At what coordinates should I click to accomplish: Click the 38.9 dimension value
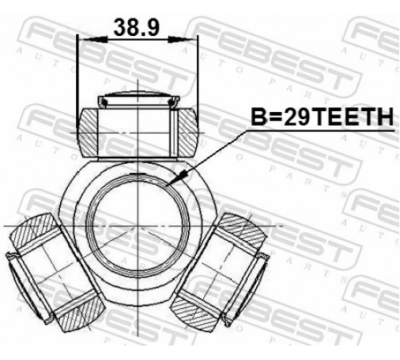[x=137, y=27]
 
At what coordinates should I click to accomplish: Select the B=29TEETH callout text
[x=322, y=117]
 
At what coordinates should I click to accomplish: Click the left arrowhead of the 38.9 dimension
[x=95, y=40]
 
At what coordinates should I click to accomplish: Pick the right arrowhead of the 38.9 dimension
[x=180, y=40]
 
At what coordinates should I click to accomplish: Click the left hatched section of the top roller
[x=87, y=133]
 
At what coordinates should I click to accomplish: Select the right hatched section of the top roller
[x=188, y=133]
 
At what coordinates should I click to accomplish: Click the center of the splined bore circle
[x=138, y=226]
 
